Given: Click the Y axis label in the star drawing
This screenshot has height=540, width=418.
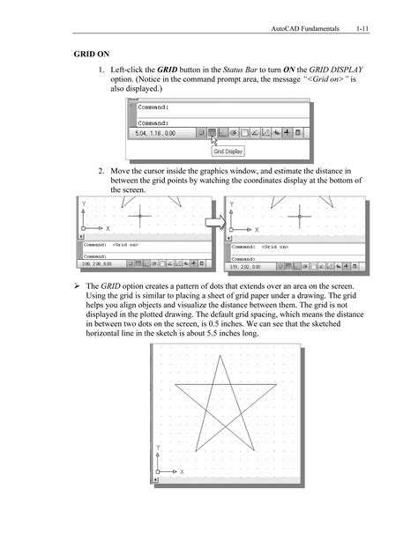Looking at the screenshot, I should [x=159, y=448].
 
